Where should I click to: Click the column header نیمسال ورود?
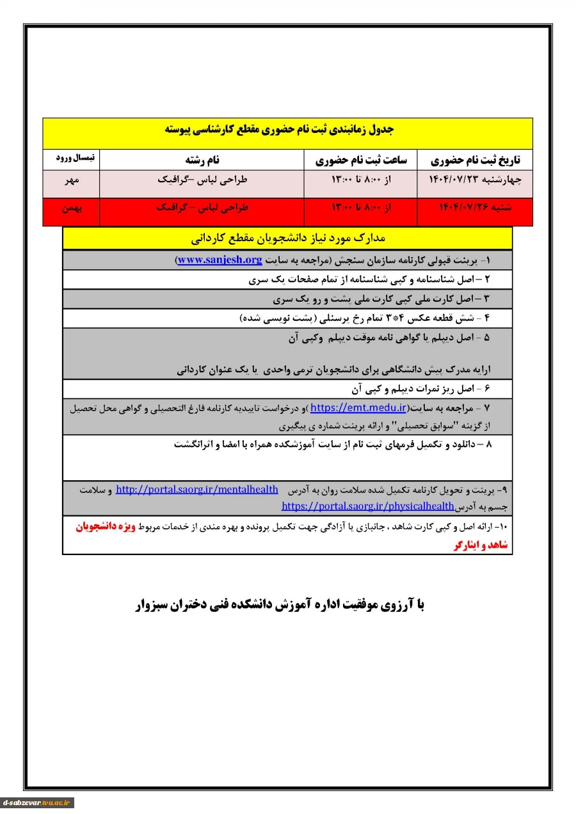(71, 157)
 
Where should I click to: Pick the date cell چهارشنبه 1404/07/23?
(474, 180)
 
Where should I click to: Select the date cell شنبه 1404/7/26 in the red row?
(474, 208)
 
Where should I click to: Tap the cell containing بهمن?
(71, 208)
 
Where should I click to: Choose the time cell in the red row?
(360, 208)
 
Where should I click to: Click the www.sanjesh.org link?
(220, 260)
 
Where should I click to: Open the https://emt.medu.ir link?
(358, 407)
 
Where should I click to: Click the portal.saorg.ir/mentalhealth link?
(197, 490)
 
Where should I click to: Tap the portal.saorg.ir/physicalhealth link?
(367, 506)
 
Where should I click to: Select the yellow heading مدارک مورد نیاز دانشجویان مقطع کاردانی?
(287, 239)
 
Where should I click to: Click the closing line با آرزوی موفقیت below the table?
(280, 605)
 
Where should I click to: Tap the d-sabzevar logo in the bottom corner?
(37, 802)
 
